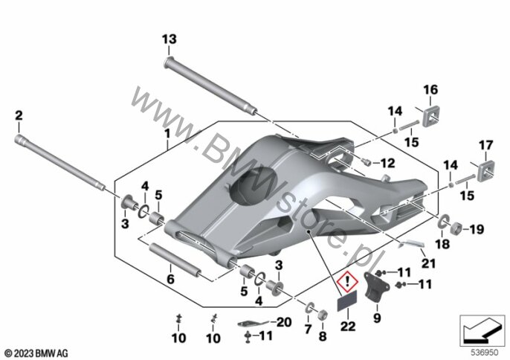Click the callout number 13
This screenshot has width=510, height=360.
pos(170,39)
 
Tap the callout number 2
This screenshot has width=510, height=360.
pos(19,115)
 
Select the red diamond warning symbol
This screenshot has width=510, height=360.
pos(347,280)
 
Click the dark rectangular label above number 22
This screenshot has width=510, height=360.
pos(346,300)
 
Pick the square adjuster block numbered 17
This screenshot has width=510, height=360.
pos(485,170)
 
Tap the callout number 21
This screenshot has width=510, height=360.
pos(428,263)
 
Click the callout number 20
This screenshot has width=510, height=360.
pos(284,322)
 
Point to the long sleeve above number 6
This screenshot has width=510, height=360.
pos(174,259)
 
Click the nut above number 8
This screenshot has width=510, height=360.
pos(323,315)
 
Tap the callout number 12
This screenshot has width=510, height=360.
pos(387,163)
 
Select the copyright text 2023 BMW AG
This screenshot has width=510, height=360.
pos(36,353)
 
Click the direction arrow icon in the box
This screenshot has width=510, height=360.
pos(482,330)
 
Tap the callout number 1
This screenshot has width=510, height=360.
pos(167,134)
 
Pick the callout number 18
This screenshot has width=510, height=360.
pos(442,244)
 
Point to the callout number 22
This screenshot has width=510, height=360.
pos(348,326)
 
